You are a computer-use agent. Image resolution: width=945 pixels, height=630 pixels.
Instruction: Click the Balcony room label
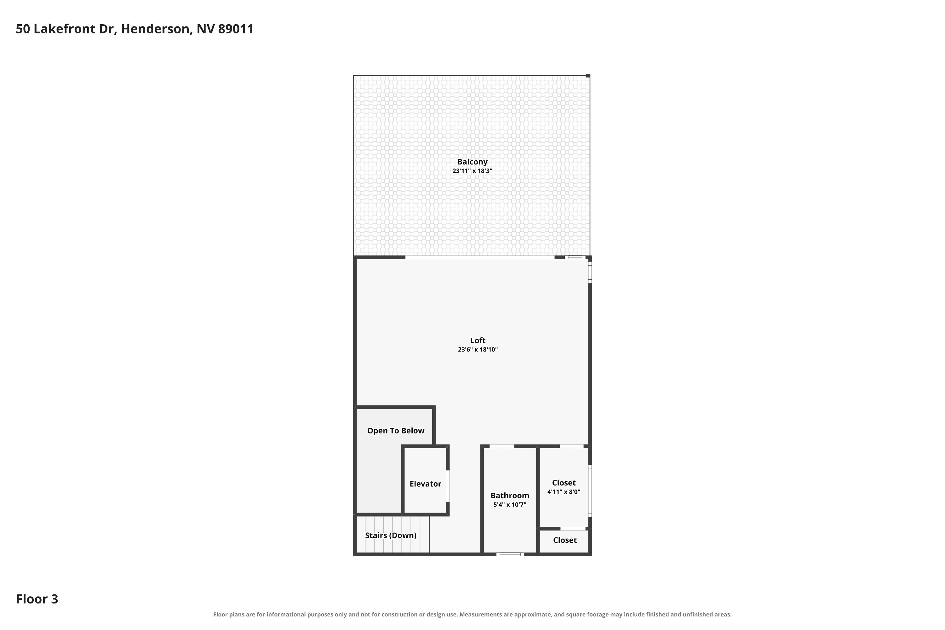point(472,162)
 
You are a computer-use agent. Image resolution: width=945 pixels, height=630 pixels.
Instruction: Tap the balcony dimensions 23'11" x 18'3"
point(472,171)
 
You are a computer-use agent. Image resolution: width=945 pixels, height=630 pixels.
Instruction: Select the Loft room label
point(478,340)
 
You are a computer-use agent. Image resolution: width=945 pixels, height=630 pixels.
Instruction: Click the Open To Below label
point(396,431)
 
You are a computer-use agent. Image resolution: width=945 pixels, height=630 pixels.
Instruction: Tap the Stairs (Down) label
point(391,535)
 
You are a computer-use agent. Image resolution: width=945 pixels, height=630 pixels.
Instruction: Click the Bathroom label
point(510,495)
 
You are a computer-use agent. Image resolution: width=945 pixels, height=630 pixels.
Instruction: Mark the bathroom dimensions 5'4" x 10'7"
point(510,505)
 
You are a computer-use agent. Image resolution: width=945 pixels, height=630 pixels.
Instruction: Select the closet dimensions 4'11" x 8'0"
point(564,492)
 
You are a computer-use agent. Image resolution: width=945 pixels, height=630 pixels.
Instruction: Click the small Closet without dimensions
point(565,540)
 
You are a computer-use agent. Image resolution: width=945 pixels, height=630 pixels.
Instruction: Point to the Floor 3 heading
point(37,599)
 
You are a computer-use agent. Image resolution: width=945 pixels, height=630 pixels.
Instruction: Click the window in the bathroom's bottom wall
point(510,554)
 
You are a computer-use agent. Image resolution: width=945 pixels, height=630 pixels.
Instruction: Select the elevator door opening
point(448,486)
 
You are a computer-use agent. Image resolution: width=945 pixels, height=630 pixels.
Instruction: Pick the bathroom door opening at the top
point(502,446)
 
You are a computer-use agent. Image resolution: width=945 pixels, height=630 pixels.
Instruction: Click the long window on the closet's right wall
point(590,490)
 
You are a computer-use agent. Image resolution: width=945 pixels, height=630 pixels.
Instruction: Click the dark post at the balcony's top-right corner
point(588,76)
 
